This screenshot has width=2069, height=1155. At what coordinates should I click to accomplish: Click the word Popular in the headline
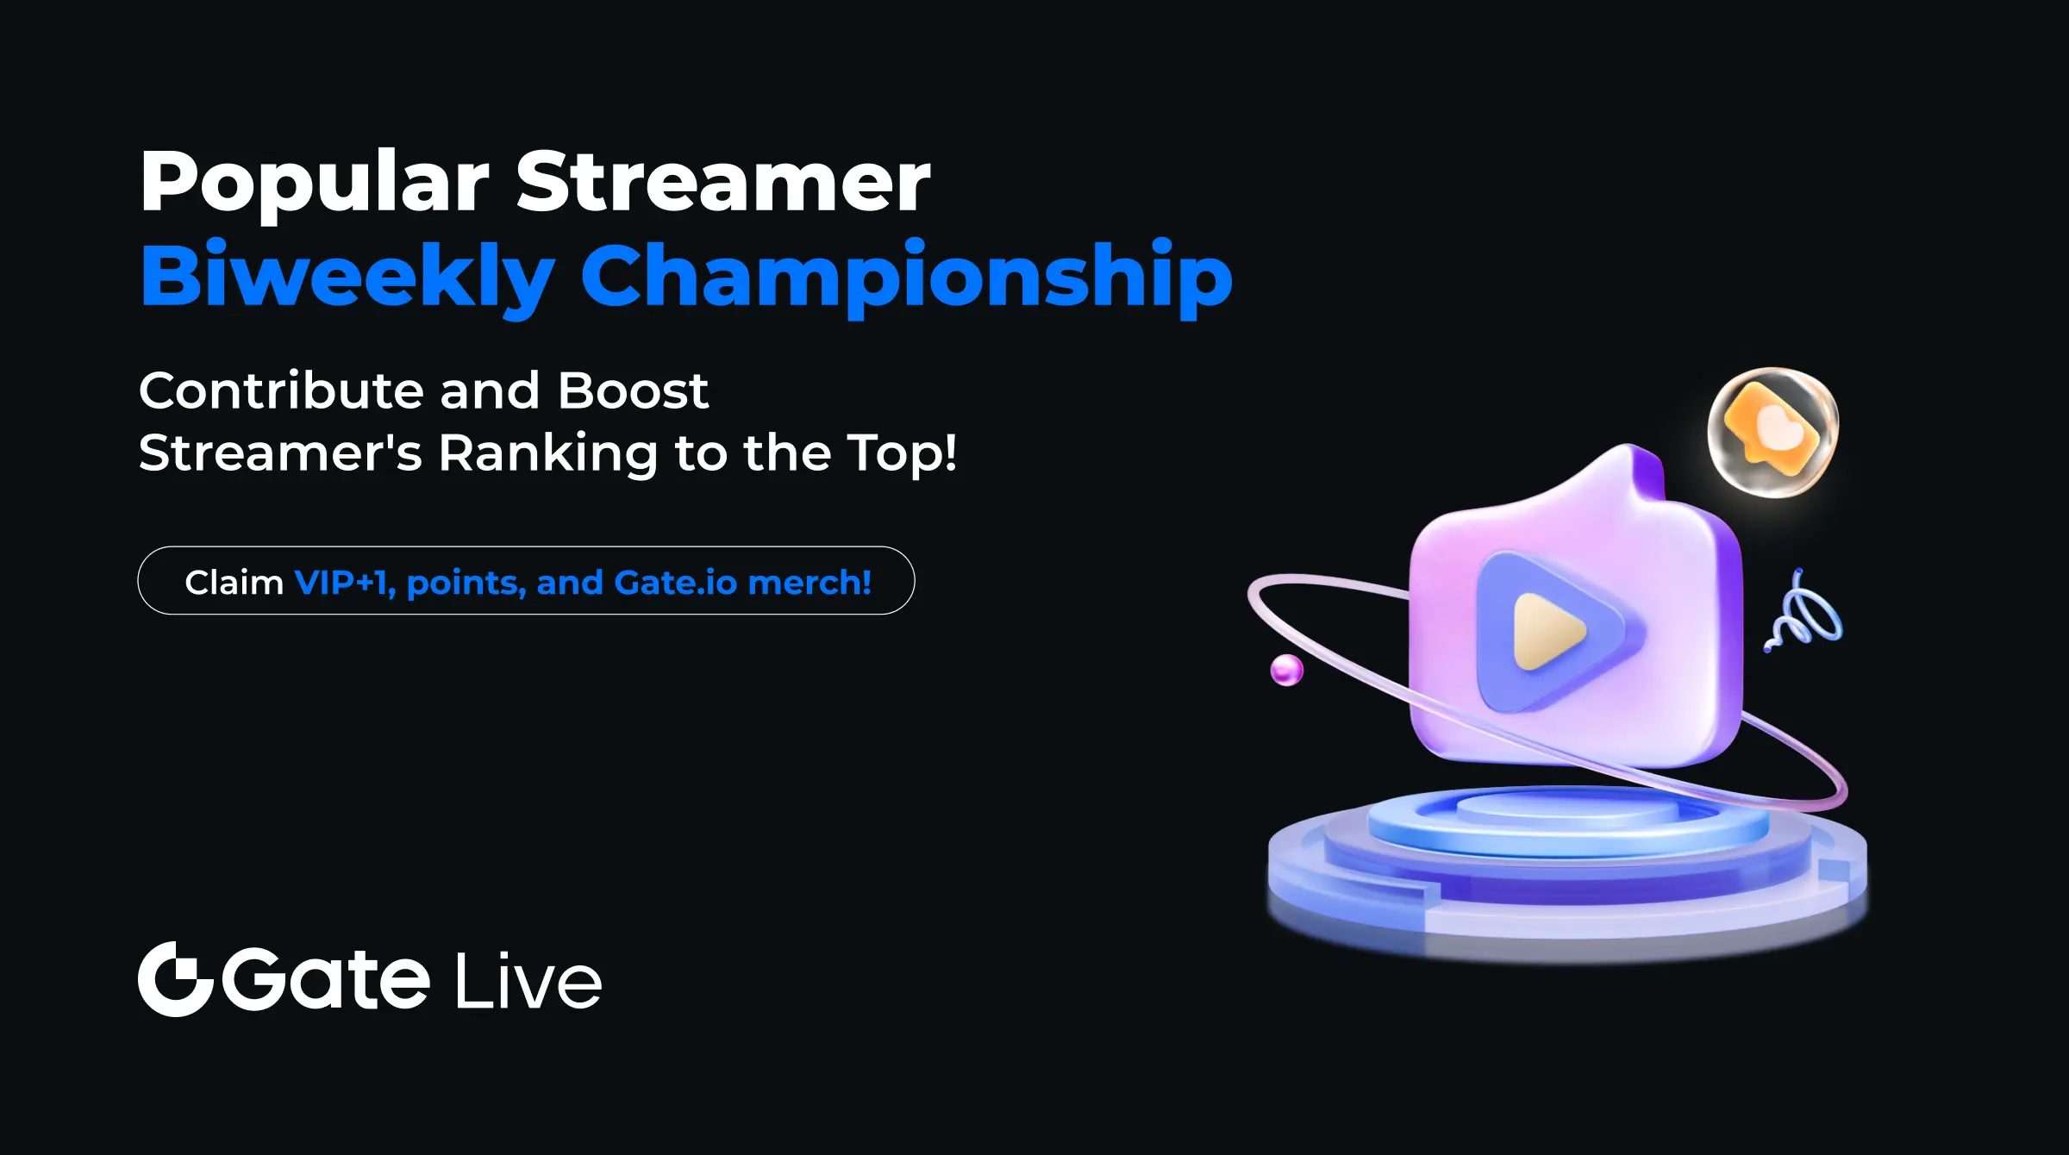pyautogui.click(x=314, y=183)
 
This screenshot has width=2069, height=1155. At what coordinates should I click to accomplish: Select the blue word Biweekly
pyautogui.click(x=347, y=276)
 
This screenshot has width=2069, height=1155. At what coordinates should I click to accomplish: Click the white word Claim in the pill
pyautogui.click(x=234, y=583)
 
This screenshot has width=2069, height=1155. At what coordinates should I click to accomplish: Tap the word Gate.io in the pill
pyautogui.click(x=676, y=583)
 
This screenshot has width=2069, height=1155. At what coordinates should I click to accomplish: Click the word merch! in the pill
pyautogui.click(x=809, y=583)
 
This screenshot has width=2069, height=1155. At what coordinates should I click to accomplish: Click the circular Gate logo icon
pyautogui.click(x=175, y=979)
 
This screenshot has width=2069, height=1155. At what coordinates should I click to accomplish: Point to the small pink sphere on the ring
pyautogui.click(x=1286, y=670)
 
